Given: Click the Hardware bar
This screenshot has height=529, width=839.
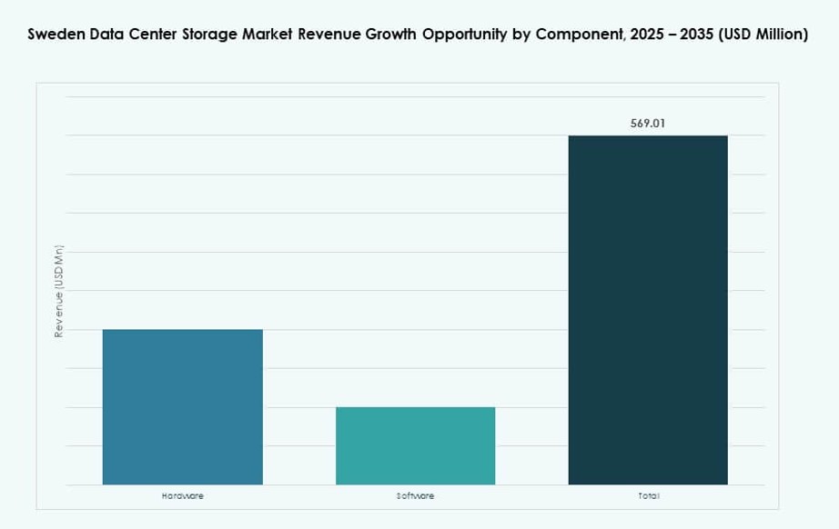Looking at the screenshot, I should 182,406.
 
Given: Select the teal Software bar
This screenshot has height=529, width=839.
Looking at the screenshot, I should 415,445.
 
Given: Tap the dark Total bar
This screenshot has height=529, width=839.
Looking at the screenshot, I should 648,309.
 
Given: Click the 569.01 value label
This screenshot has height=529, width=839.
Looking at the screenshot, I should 648,123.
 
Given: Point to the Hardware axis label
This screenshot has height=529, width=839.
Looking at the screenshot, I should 182,495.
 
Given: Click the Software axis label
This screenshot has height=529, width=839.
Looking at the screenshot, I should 415,495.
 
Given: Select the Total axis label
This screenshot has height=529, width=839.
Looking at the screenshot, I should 648,495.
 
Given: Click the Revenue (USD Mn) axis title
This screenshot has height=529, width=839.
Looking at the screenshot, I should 59,292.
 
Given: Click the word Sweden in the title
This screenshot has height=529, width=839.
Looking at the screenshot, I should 55,35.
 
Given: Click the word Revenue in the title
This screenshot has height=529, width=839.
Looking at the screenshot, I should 332,35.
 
